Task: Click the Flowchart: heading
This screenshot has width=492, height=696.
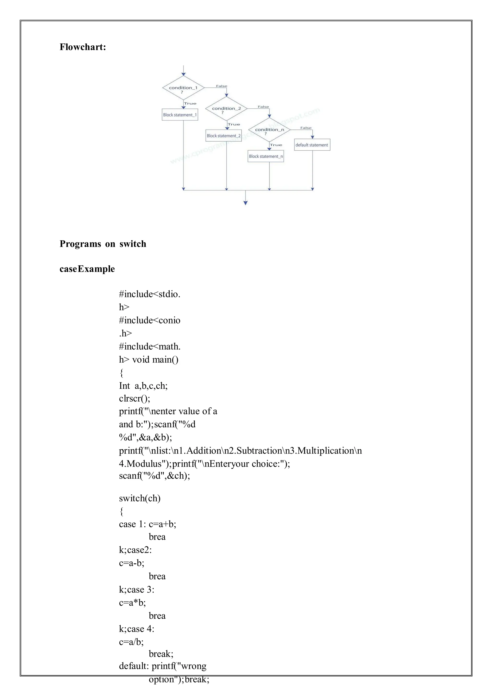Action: pyautogui.click(x=83, y=47)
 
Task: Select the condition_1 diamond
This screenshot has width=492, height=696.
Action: pyautogui.click(x=183, y=88)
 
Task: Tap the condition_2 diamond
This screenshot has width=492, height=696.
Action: pyautogui.click(x=226, y=109)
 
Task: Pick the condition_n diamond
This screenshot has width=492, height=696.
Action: pyautogui.click(x=269, y=130)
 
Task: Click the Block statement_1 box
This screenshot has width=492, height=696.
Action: pyautogui.click(x=180, y=115)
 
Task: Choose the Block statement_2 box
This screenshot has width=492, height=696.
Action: pyautogui.click(x=224, y=136)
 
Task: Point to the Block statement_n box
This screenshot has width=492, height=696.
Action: pyautogui.click(x=266, y=156)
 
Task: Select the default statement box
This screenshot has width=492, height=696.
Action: pyautogui.click(x=312, y=145)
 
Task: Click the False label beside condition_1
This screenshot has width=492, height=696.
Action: pyautogui.click(x=221, y=86)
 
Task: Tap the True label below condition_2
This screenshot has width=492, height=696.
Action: pyautogui.click(x=234, y=124)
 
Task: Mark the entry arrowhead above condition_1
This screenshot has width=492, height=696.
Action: pyautogui.click(x=183, y=74)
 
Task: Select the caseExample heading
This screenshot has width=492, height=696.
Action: pyautogui.click(x=87, y=269)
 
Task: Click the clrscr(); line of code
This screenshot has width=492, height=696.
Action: pyautogui.click(x=135, y=398)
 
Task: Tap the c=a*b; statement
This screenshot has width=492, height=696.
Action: pyautogui.click(x=132, y=603)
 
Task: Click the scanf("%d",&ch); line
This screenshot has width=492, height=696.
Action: pyautogui.click(x=154, y=476)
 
